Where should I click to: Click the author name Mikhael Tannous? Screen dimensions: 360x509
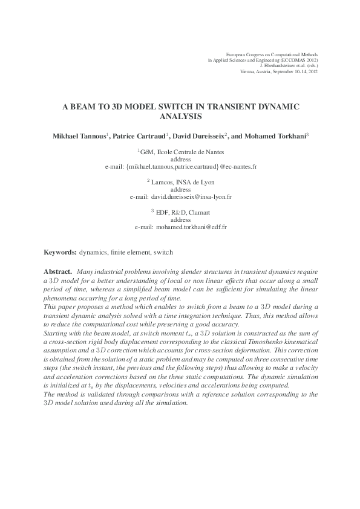[x=77, y=136]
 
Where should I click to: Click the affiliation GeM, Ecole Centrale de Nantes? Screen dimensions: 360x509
[x=181, y=152]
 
